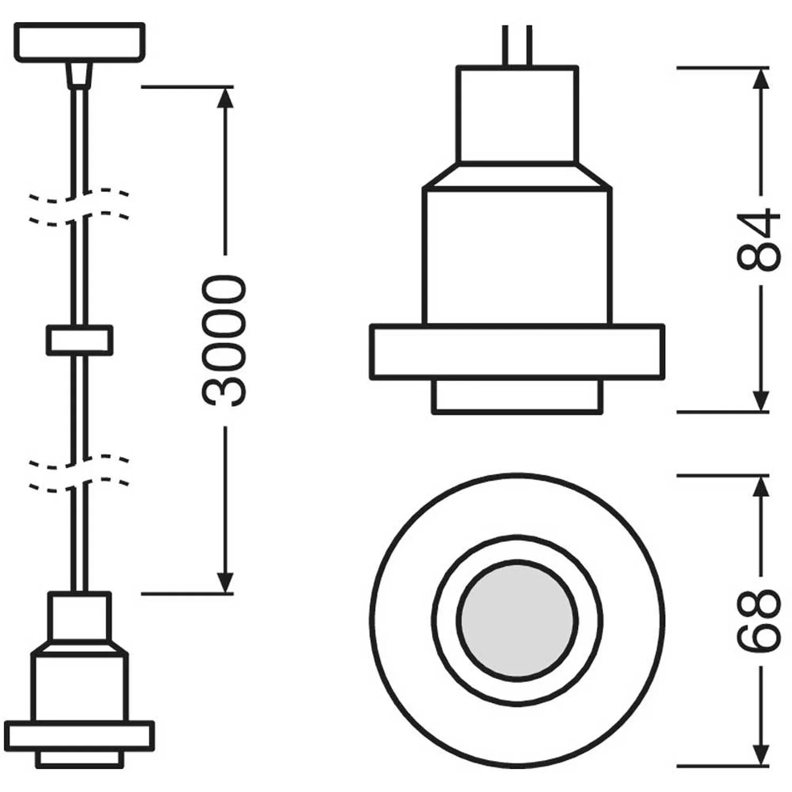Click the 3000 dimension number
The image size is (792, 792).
tap(224, 341)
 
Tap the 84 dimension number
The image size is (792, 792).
tap(759, 240)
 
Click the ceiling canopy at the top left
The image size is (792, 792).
tap(79, 42)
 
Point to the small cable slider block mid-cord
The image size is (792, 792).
tap(79, 340)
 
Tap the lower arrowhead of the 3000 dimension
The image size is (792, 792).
tap(225, 583)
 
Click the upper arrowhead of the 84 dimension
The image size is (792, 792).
tap(760, 78)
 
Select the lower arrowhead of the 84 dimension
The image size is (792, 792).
tap(760, 401)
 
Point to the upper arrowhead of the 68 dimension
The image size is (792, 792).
tap(760, 486)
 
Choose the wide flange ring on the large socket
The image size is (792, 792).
tap(517, 352)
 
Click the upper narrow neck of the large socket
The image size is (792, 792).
tap(517, 114)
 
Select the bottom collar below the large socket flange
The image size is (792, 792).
tap(517, 396)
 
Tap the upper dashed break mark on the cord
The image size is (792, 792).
tap(79, 206)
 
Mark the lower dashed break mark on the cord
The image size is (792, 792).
tap(79, 473)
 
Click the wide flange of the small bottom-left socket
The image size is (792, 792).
tap(79, 736)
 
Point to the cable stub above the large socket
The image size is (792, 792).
tap(517, 45)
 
